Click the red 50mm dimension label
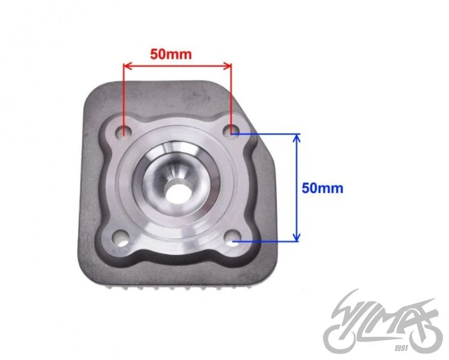pyautogui.click(x=171, y=54)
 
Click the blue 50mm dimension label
pyautogui.click(x=322, y=188)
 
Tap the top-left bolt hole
pyautogui.click(x=123, y=131)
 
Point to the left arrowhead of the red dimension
pyautogui.click(x=127, y=66)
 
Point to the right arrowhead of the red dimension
pyautogui.click(x=228, y=66)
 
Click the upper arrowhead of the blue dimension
pyautogui.click(x=297, y=138)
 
